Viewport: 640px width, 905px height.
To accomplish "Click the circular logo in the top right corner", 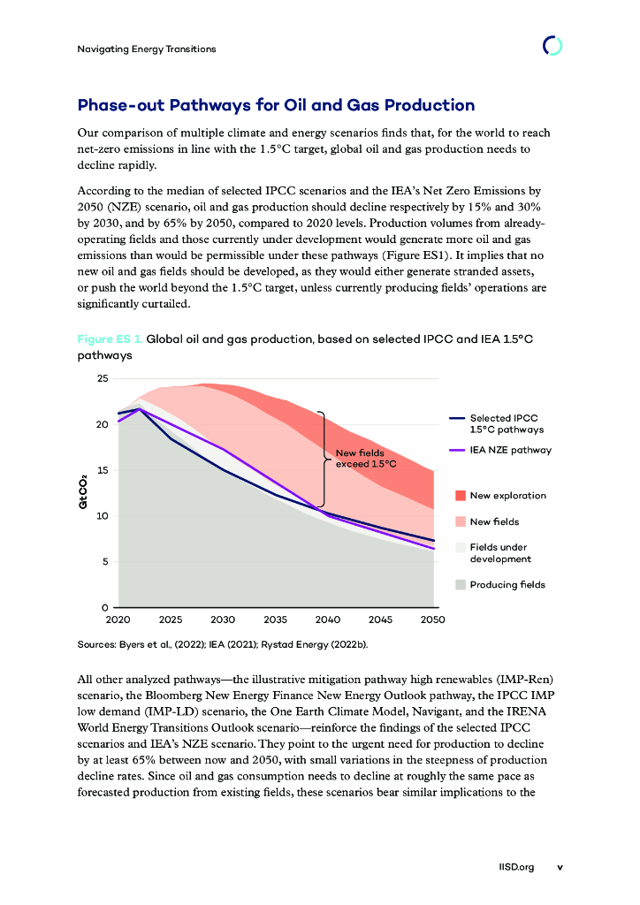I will (552, 46).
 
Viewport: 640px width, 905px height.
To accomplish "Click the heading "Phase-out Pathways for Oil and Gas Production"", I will (276, 105).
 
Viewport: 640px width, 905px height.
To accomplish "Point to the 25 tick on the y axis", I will (103, 379).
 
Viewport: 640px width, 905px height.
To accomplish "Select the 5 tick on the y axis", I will (105, 562).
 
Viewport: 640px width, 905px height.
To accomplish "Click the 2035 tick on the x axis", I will (275, 620).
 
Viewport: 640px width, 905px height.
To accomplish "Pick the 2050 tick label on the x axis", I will (432, 620).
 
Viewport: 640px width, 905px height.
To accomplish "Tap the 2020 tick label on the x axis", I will (118, 620).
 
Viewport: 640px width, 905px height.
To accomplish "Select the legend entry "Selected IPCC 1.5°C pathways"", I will (503, 423).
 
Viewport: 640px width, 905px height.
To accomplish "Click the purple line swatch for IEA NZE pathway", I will (457, 450).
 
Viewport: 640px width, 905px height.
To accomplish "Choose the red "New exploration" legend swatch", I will (460, 496).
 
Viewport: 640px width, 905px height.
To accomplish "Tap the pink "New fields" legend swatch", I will (460, 522).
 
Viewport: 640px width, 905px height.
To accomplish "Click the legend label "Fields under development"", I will (500, 553).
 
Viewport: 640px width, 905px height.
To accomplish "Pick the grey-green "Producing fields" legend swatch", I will (460, 584).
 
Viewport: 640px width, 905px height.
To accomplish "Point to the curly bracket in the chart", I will (323, 459).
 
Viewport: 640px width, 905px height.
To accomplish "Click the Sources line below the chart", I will (222, 644).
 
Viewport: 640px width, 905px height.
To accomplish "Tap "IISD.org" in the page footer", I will (517, 867).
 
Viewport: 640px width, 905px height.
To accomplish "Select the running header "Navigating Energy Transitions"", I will (147, 49).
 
